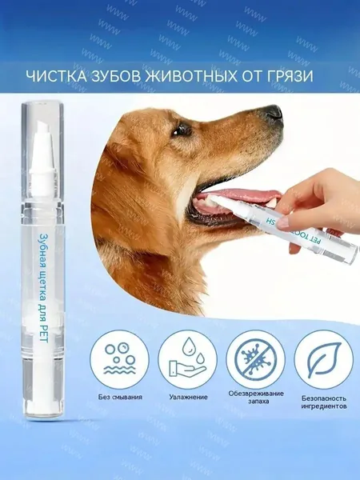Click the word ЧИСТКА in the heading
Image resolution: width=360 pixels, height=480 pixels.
tap(56, 76)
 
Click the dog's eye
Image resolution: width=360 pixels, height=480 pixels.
tap(182, 130)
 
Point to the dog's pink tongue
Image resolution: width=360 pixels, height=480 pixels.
tap(238, 196)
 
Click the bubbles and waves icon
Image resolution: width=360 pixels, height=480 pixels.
tap(119, 358)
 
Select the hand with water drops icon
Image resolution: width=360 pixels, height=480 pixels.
tap(187, 358)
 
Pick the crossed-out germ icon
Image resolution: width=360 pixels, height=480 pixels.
tap(255, 358)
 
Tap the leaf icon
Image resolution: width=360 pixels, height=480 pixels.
tap(323, 358)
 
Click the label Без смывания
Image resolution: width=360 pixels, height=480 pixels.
tap(120, 397)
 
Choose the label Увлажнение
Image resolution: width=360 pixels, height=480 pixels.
tap(188, 397)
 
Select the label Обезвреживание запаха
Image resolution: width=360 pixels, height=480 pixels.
tap(256, 397)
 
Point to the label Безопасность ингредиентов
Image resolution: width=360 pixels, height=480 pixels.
tap(324, 402)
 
